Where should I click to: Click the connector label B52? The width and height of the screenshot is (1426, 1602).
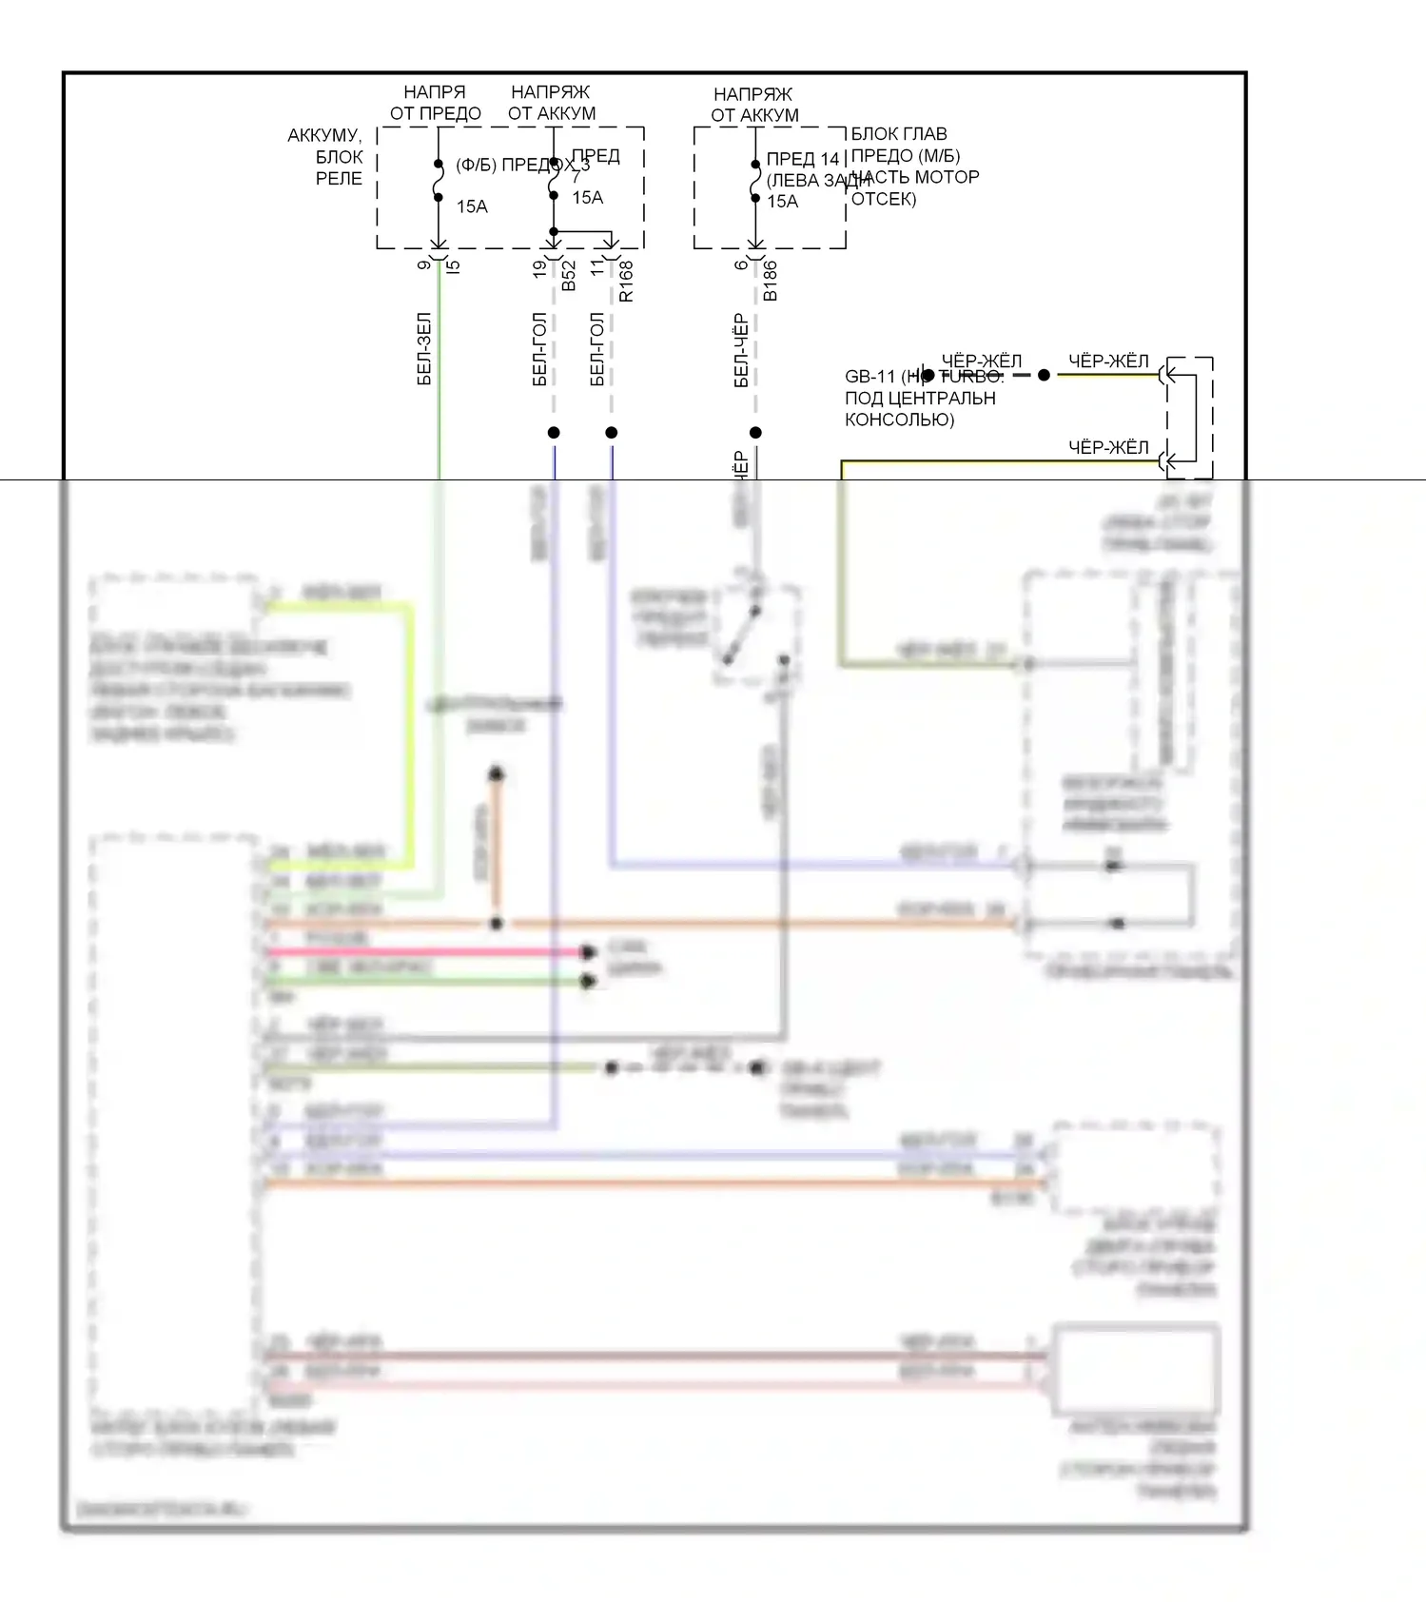569,275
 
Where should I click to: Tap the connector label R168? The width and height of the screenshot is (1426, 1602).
626,282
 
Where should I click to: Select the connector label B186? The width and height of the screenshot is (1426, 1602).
771,281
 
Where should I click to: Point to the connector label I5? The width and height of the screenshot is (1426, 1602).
454,267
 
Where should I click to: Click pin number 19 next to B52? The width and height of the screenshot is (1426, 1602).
540,268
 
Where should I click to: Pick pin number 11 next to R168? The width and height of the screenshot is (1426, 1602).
597,267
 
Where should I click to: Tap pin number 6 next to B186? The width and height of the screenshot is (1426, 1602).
742,264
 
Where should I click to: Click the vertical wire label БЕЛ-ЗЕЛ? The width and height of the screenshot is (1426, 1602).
424,349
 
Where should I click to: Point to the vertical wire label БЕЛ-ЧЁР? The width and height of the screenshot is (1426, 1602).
741,351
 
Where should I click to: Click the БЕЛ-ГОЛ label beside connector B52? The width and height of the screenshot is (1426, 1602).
539,349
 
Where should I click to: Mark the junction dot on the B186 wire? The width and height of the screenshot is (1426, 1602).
755,433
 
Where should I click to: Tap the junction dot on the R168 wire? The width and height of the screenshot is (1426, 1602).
612,433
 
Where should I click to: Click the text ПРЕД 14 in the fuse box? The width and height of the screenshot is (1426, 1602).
803,159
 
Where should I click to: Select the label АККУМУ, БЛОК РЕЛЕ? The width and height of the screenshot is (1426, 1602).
325,157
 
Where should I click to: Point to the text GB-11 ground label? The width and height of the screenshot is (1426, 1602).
870,377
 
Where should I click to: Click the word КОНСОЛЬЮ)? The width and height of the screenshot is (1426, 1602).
899,420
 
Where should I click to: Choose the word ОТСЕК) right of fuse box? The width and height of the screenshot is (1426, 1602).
884,199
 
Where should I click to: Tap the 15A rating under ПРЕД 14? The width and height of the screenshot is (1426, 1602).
783,202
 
